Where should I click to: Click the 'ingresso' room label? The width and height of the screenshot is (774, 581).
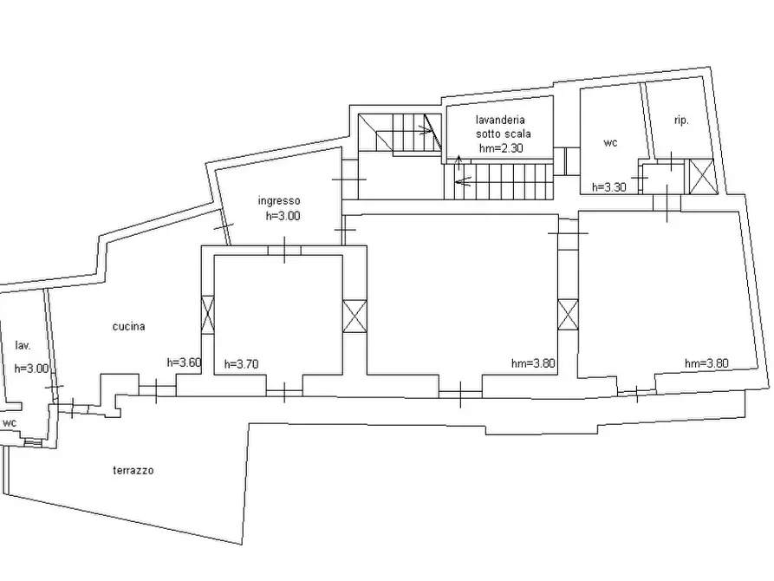tap(279, 201)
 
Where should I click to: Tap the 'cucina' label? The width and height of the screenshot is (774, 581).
tap(128, 327)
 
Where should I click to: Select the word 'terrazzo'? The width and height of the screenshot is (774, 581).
tap(133, 470)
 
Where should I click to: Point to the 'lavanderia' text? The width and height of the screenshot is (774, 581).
tap(500, 120)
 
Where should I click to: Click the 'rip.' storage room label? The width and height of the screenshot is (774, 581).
tap(681, 120)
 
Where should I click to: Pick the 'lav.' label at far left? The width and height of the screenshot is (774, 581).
tap(23, 345)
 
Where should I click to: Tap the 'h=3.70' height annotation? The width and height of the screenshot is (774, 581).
tap(241, 364)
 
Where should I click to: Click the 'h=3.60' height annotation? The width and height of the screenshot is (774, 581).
tap(184, 362)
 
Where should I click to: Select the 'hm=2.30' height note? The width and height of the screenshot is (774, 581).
tap(501, 148)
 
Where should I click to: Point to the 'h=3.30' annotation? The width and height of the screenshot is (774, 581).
tap(609, 187)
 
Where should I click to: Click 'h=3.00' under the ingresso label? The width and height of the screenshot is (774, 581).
tap(283, 216)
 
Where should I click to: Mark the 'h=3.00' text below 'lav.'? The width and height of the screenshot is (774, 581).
tap(31, 369)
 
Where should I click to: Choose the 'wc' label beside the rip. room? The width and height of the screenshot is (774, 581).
tap(610, 143)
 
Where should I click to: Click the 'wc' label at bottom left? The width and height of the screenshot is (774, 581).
tap(10, 423)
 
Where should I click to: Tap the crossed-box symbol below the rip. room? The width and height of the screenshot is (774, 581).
tap(701, 176)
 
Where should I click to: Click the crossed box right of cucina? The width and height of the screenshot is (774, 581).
tap(207, 314)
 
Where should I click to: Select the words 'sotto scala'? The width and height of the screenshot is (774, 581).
tap(503, 134)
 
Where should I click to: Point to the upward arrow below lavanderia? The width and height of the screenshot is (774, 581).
tap(459, 162)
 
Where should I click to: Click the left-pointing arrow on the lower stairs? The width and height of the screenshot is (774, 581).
tap(463, 182)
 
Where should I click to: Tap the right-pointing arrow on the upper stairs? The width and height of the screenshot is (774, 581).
tap(425, 131)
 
